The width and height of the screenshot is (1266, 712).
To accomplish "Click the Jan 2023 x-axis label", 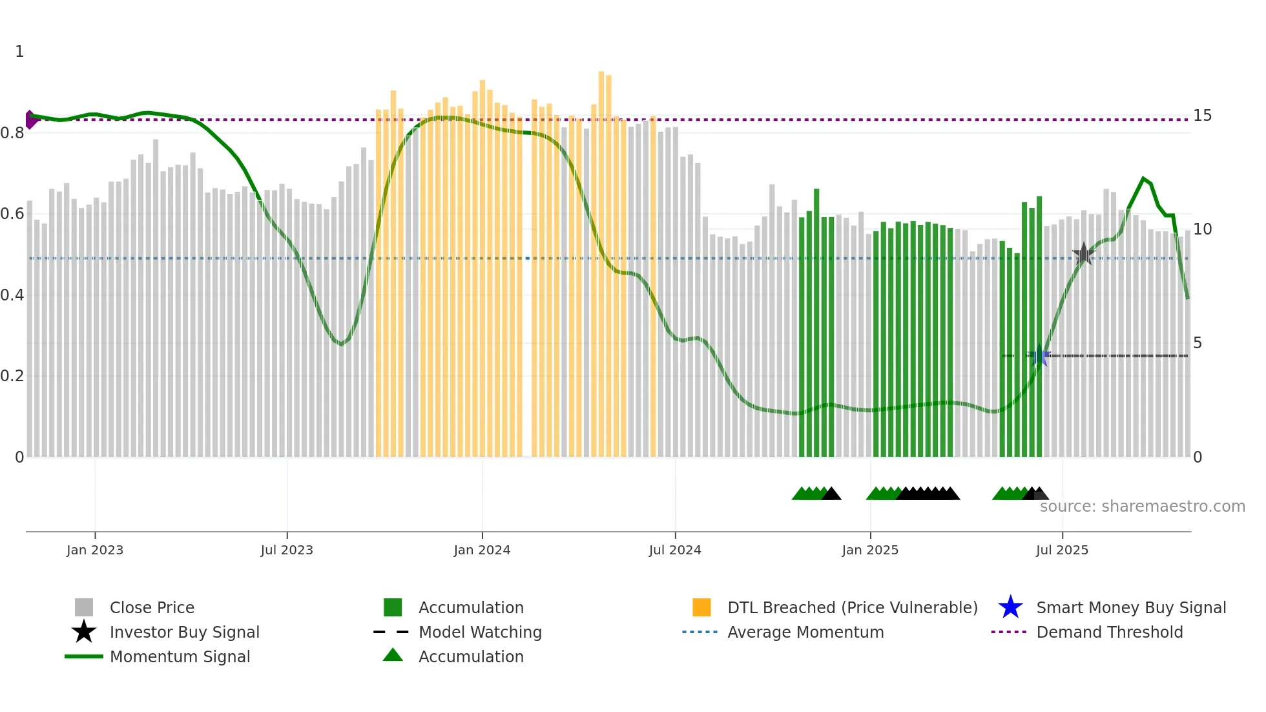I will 94,550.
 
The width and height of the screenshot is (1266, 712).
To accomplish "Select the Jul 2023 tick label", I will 287,550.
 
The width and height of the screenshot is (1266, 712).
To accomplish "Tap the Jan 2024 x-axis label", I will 482,550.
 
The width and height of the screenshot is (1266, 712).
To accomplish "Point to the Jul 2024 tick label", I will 675,550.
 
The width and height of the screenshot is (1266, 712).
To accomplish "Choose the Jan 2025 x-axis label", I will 870,550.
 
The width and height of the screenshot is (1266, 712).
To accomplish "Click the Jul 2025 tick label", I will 1062,550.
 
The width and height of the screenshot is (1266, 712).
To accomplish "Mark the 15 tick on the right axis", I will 1202,116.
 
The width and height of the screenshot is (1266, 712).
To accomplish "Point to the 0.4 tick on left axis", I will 12,295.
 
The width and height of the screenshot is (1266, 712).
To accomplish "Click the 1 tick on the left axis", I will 19,52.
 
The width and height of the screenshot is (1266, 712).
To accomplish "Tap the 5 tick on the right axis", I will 1198,343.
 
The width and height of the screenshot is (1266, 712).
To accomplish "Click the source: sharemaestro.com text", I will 1142,507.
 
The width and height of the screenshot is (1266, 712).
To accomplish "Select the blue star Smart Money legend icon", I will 1010,607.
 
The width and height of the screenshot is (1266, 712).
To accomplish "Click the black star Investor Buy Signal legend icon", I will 84,632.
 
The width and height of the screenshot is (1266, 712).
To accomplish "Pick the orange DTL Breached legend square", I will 701,607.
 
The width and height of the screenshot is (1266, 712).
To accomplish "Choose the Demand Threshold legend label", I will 1109,632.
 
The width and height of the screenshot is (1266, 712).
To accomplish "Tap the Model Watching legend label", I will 480,632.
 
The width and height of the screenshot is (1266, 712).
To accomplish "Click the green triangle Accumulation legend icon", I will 393,655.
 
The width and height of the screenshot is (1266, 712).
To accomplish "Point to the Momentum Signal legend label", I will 180,656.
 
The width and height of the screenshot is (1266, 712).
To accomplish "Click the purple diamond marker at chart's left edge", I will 30,120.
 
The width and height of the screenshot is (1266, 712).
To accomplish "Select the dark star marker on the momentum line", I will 1083,254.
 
